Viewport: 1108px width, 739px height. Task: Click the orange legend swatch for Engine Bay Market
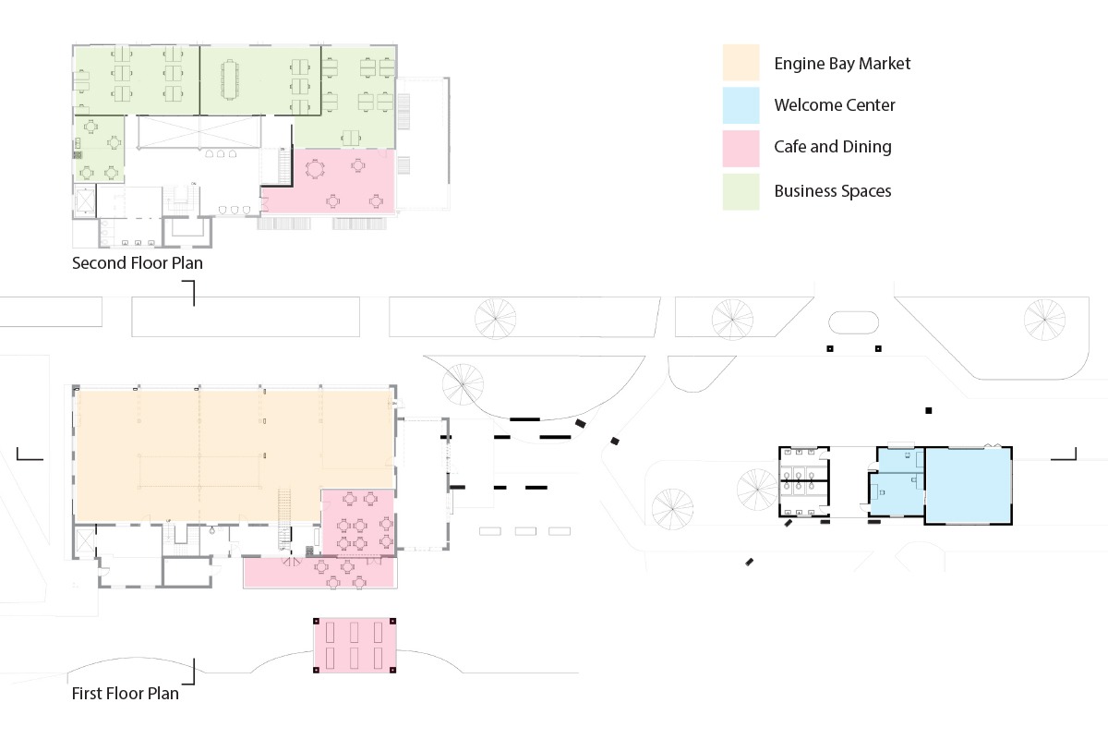pyautogui.click(x=741, y=63)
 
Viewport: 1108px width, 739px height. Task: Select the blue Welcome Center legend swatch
pyautogui.click(x=741, y=105)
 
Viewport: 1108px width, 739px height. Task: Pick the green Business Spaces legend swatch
pyautogui.click(x=741, y=191)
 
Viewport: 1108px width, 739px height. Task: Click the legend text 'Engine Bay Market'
pyautogui.click(x=842, y=64)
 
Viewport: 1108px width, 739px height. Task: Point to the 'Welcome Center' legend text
pyautogui.click(x=835, y=105)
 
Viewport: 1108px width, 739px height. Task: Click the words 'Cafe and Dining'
pyautogui.click(x=833, y=147)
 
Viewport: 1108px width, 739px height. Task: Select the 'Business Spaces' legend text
pyautogui.click(x=833, y=191)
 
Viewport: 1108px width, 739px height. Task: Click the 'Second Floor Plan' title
pyautogui.click(x=138, y=263)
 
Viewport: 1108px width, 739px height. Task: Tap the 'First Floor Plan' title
pyautogui.click(x=126, y=693)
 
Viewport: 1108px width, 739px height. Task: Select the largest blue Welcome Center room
pyautogui.click(x=968, y=486)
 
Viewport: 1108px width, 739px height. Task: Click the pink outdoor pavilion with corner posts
pyautogui.click(x=355, y=645)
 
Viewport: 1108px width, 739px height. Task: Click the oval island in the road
pyautogui.click(x=853, y=322)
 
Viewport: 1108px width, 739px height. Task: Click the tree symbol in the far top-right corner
pyautogui.click(x=1045, y=319)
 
